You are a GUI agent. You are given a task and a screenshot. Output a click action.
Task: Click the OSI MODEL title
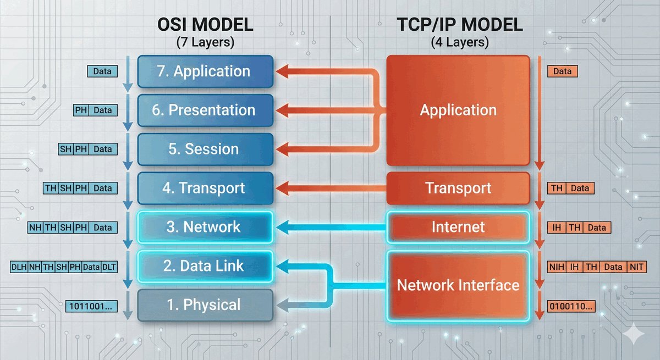[x=205, y=25]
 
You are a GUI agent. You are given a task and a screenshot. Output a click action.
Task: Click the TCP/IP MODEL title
[x=458, y=25]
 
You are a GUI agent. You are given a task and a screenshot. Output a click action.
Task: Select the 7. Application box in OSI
[x=205, y=71]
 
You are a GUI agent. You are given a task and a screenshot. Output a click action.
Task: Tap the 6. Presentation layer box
[x=205, y=110]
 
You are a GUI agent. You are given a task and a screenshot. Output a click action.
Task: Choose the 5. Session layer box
[x=205, y=149]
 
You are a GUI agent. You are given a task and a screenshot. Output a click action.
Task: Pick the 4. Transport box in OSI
[x=205, y=188]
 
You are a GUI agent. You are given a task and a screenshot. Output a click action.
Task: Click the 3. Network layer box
[x=205, y=227]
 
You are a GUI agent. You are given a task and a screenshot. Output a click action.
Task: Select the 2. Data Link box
[x=205, y=267]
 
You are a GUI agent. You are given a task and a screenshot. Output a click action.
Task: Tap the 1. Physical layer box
[x=205, y=305]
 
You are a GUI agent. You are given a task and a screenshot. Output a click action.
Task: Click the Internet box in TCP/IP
[x=458, y=227]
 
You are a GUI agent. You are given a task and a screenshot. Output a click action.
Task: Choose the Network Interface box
[x=458, y=285]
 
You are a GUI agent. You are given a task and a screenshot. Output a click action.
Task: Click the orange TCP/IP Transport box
[x=458, y=188]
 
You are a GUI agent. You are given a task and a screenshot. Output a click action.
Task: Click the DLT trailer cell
[x=109, y=267]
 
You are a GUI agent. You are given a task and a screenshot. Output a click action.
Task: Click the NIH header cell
[x=557, y=267]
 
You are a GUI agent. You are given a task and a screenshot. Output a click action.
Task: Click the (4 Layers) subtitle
[x=458, y=42]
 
